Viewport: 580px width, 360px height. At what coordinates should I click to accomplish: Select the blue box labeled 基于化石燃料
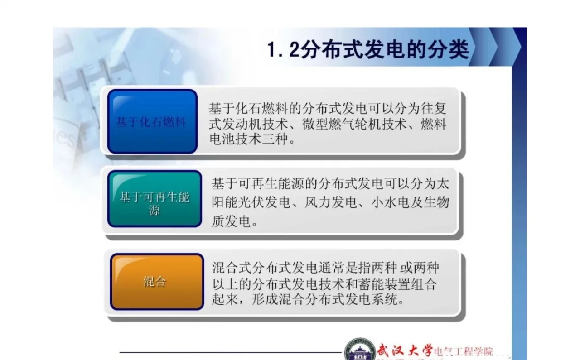[x=152, y=121]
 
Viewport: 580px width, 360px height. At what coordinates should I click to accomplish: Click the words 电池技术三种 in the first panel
[x=248, y=139]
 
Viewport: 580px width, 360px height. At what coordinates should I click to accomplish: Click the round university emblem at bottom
[x=360, y=349]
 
